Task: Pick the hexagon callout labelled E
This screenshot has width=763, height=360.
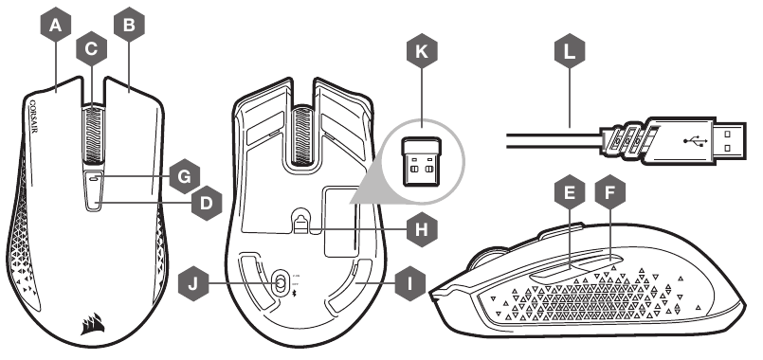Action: coord(569,194)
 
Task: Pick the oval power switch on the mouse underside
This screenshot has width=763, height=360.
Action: coord(282,282)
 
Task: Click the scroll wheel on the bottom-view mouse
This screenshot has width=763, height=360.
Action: coord(302,124)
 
